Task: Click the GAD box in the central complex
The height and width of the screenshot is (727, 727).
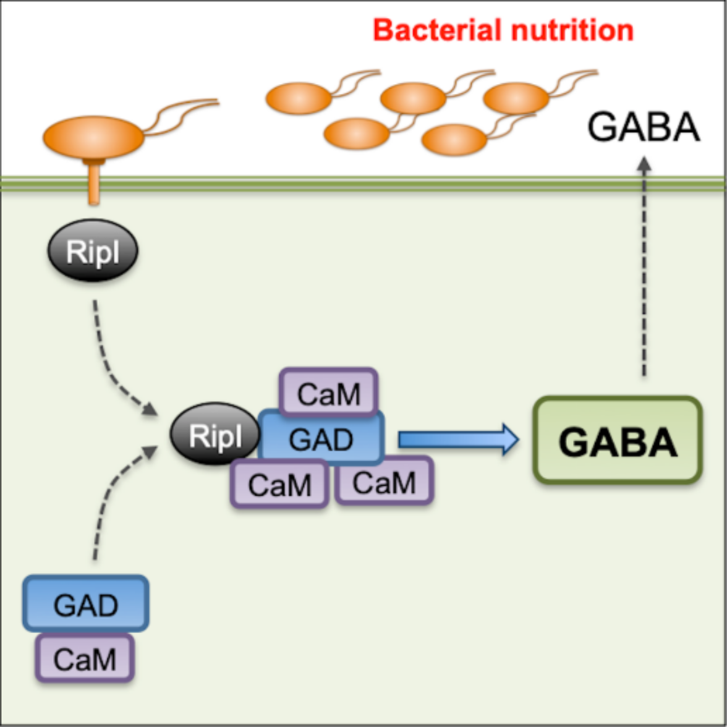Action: [321, 440]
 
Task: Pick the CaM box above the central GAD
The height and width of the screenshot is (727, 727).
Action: [328, 394]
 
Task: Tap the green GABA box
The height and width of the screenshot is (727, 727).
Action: [617, 440]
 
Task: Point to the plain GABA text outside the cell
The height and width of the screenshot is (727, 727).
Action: [644, 129]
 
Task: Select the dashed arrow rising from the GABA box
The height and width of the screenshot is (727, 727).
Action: [644, 266]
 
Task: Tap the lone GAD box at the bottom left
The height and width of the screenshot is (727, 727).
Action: [86, 604]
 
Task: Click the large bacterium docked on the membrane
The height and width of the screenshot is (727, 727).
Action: [93, 136]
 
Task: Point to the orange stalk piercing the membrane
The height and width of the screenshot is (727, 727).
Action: [94, 182]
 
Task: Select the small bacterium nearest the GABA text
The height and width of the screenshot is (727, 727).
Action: [516, 98]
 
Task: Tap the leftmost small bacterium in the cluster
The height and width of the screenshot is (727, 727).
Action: [299, 98]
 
